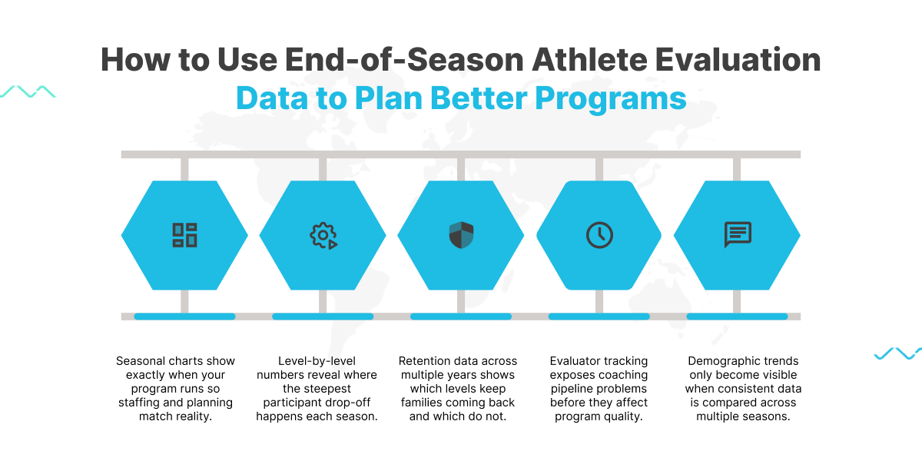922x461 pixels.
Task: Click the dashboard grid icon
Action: (184, 235)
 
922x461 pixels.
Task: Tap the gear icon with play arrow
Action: (323, 235)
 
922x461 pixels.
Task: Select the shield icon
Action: (461, 235)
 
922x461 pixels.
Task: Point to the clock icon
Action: (599, 235)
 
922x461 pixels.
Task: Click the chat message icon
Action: (738, 234)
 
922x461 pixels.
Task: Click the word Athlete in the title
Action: (589, 60)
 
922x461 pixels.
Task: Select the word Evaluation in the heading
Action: (738, 60)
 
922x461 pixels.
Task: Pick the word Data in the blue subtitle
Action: (272, 98)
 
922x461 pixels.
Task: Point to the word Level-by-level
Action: (317, 361)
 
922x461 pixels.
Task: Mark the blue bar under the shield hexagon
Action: (461, 317)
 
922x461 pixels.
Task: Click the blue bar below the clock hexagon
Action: (599, 317)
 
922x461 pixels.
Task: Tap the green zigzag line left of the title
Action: (28, 91)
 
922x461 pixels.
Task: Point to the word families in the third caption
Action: (423, 403)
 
